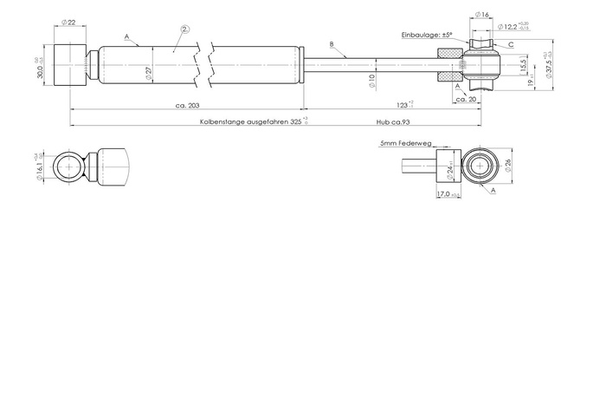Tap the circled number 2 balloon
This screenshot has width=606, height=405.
pyautogui.click(x=184, y=29)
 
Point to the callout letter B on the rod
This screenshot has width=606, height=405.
pyautogui.click(x=332, y=43)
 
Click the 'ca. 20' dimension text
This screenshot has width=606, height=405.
pyautogui.click(x=466, y=100)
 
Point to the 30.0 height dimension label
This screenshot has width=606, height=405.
pyautogui.click(x=41, y=65)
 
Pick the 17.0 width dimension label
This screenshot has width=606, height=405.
pyautogui.click(x=447, y=195)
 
